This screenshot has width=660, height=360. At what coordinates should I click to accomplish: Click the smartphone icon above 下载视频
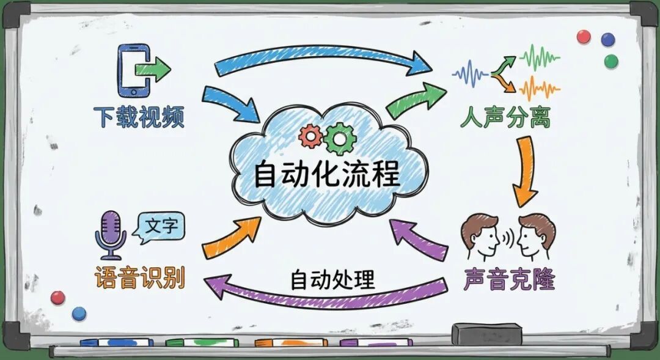pos(133,70)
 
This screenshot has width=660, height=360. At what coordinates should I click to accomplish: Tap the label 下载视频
pos(139,116)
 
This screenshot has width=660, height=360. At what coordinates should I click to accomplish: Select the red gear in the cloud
pos(310,136)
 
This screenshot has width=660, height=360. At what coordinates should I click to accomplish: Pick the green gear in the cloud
pos(337,138)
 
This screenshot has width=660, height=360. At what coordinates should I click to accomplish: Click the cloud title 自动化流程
pos(327,174)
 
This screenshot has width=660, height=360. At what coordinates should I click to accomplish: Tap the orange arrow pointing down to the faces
pos(524,171)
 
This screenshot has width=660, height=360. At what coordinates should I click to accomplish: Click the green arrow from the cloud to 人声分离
pos(416,101)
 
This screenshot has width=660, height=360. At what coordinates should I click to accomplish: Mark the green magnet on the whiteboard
pos(610,61)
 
